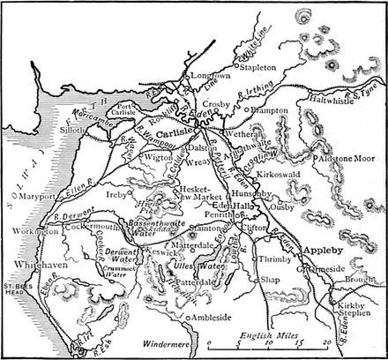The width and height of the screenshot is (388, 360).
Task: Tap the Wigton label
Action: click(158, 158)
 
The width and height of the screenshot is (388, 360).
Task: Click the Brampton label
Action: click(273, 111)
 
